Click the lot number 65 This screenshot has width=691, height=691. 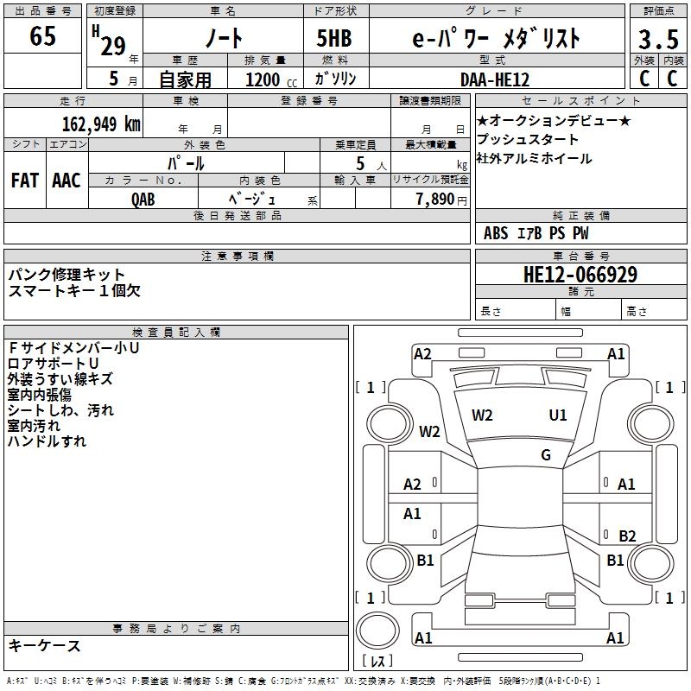click(42, 36)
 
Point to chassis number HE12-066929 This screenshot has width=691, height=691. click(580, 276)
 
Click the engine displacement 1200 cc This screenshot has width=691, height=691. click(263, 79)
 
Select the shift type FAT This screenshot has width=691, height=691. click(24, 181)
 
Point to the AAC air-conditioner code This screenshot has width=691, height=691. click(67, 181)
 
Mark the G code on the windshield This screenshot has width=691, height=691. click(546, 454)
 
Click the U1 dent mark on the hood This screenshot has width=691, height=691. click(558, 415)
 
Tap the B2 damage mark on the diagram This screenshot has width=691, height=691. click(627, 536)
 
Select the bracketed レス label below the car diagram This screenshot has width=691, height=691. click(377, 662)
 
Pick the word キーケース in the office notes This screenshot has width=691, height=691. click(44, 645)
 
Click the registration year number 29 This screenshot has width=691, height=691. click(112, 45)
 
